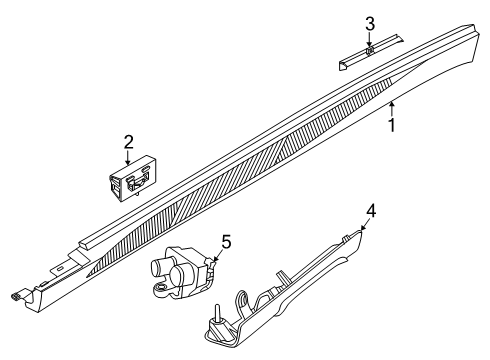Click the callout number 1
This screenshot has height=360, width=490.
pos(393,127)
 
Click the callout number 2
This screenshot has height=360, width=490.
pos(128,143)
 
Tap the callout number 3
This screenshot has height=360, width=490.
pos(370,23)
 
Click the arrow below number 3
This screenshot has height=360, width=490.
pos(370,40)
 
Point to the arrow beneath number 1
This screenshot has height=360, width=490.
pos(392,108)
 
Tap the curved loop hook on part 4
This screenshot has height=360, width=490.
pos(243,298)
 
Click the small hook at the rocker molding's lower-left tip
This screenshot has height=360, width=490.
pos(14,296)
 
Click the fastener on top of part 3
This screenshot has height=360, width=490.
pos(370,50)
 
